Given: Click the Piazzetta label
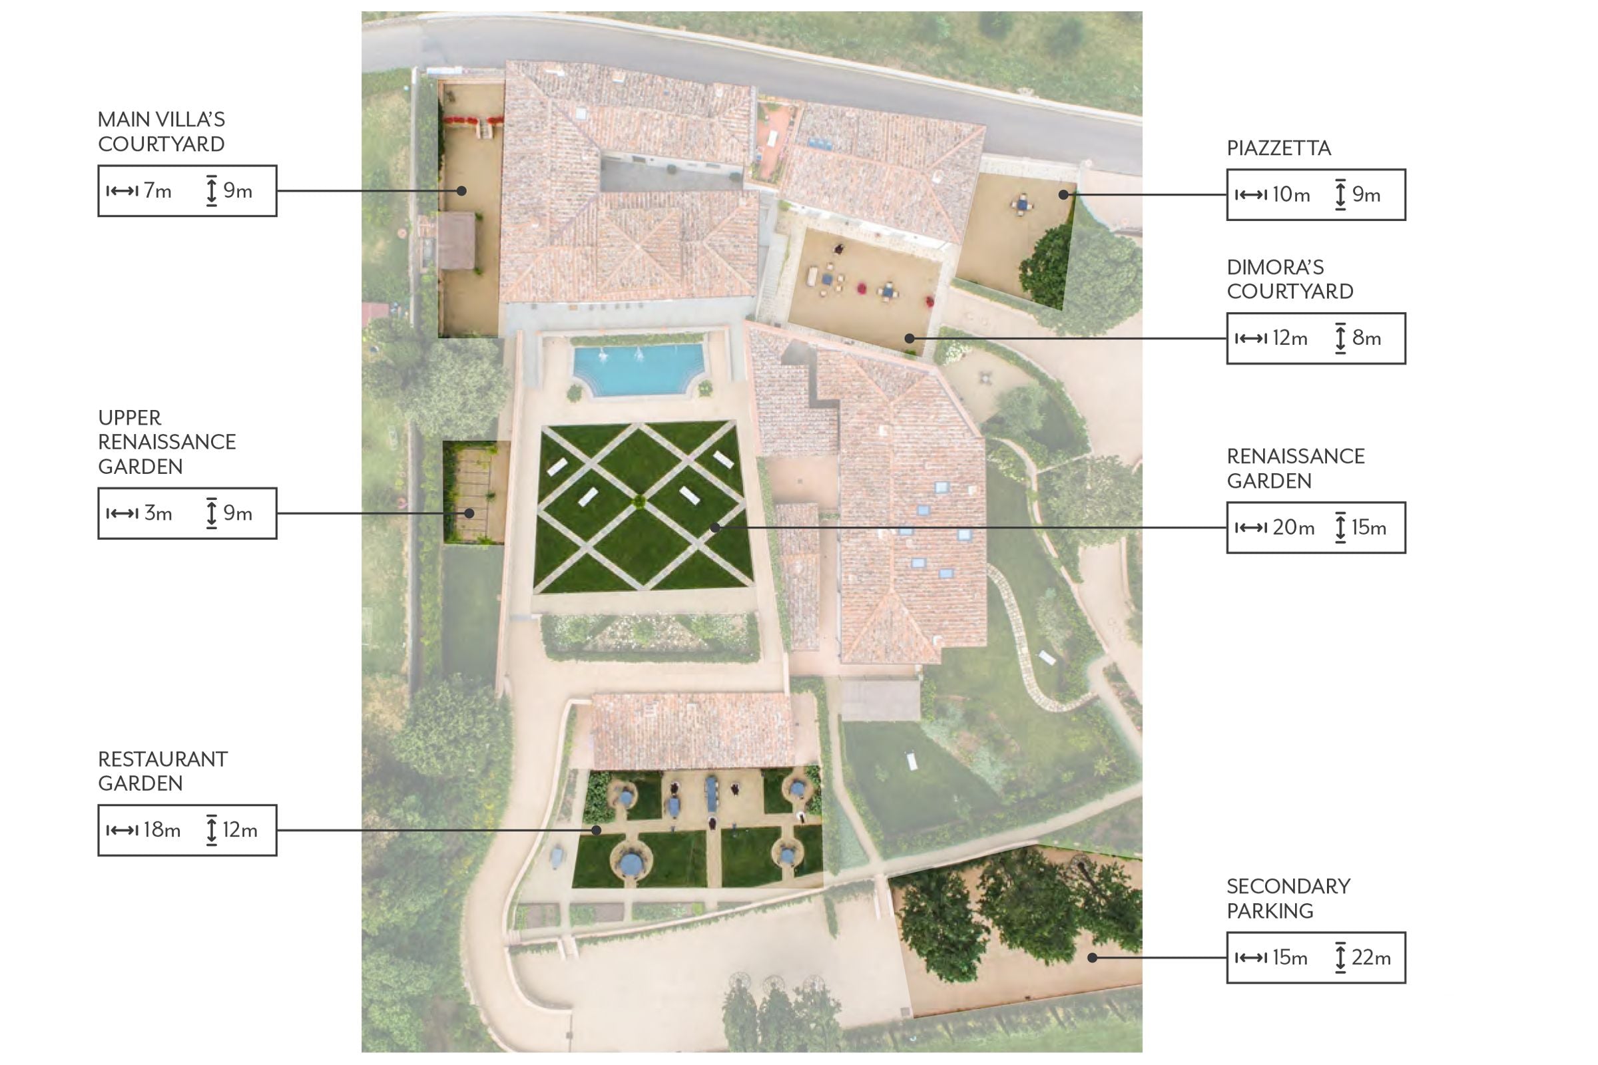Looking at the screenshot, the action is pos(1278,148).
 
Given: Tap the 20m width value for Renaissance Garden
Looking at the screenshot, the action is pos(1293,528).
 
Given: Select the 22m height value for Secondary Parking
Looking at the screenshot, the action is pos(1371,958).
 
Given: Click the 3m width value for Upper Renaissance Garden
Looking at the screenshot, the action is pos(158,513).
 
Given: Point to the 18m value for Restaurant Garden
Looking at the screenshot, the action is pos(162,830).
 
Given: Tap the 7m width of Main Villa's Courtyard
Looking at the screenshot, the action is pos(158,191).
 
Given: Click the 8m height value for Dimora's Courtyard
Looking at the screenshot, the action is pos(1366,338).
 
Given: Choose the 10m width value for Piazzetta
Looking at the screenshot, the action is pos(1291,195).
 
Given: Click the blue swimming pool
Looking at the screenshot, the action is pos(638,369).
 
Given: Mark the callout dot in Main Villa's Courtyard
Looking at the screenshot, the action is pos(461,191).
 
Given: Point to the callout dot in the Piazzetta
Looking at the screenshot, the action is pos(1063,195).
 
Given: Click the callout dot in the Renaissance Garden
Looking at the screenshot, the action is pos(714,528).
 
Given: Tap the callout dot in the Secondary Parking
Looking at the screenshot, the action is pos(1092,958).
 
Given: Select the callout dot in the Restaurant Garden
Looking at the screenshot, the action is pos(596,830).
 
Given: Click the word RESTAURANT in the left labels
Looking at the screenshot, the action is pos(163,759).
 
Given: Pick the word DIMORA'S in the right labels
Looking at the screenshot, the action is pos(1275,267).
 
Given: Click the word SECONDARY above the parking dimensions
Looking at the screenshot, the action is pos(1288,887).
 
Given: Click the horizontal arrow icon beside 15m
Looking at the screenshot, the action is pos(1251,958).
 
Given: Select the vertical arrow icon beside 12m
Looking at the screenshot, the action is pos(212,830).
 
